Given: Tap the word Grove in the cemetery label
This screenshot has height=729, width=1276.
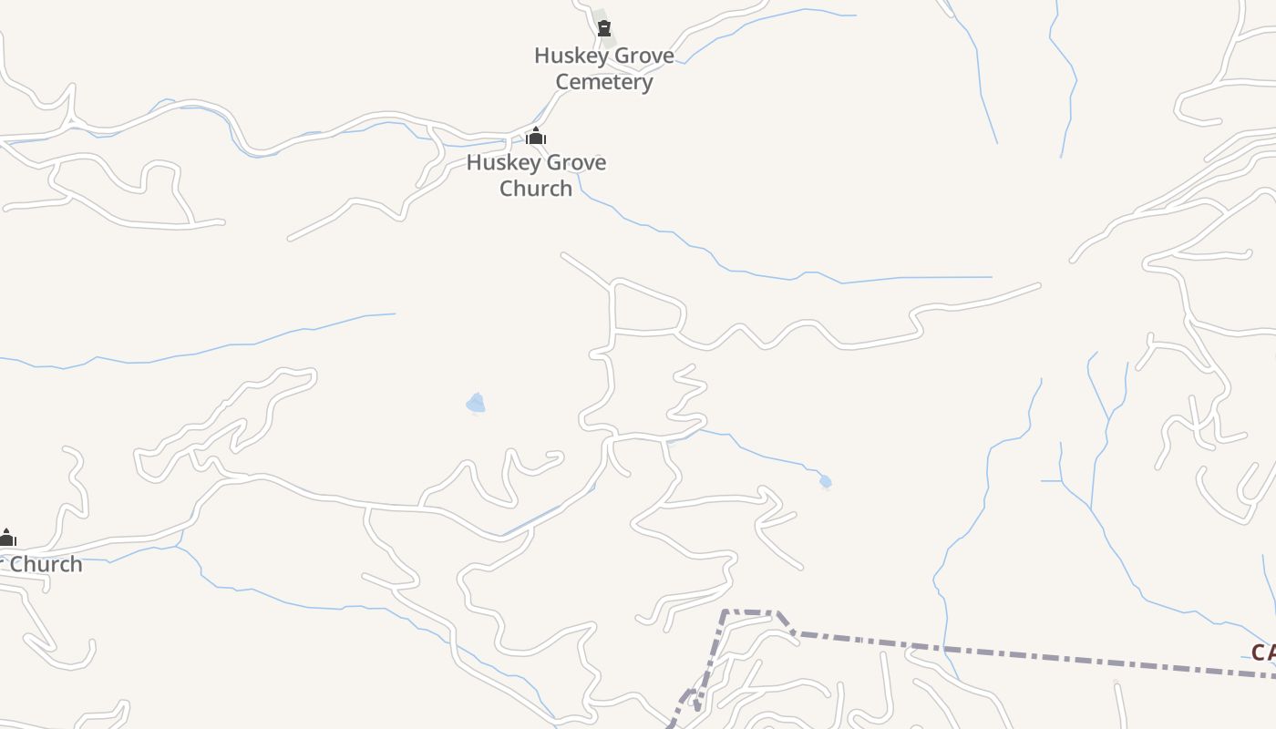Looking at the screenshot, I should pyautogui.click(x=642, y=56).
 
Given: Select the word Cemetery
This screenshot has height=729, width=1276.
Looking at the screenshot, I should pyautogui.click(x=604, y=82).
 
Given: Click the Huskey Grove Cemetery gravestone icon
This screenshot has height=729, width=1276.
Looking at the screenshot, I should pyautogui.click(x=603, y=28).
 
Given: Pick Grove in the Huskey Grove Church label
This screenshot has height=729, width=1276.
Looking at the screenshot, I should pyautogui.click(x=574, y=163).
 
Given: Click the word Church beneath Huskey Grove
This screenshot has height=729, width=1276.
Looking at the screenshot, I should pyautogui.click(x=536, y=189).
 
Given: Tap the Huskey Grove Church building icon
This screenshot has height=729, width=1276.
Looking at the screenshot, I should pyautogui.click(x=536, y=137).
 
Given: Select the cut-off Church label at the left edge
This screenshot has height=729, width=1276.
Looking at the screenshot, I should pyautogui.click(x=46, y=565).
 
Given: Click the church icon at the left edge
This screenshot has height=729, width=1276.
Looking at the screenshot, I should pyautogui.click(x=7, y=538).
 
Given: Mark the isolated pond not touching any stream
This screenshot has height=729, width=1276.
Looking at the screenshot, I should pyautogui.click(x=475, y=403).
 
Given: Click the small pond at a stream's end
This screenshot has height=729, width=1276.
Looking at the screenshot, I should pyautogui.click(x=825, y=481).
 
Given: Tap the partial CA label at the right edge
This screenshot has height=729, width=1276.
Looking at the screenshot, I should pyautogui.click(x=1262, y=652).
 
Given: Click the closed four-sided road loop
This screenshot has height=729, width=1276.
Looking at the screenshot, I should pyautogui.click(x=647, y=310).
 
